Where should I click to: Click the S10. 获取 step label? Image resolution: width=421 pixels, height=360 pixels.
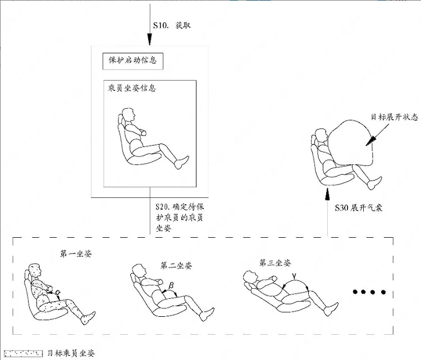(x=172, y=25)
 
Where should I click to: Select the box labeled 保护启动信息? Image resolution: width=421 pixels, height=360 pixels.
(x=133, y=61)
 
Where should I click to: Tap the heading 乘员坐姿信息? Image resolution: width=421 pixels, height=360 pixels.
(x=132, y=88)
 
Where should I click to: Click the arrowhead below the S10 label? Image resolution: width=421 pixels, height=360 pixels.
(x=150, y=39)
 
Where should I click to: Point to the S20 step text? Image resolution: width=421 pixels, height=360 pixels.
(x=180, y=218)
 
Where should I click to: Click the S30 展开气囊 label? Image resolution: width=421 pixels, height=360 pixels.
(x=359, y=207)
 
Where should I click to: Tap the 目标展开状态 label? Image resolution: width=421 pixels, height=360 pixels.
(x=395, y=117)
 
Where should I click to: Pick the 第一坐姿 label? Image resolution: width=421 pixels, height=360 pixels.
(x=76, y=253)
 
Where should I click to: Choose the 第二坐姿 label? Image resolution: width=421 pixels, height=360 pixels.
(x=176, y=266)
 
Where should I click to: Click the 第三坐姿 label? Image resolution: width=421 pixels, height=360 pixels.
(x=275, y=262)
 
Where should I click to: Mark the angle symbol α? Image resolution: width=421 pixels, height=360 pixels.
(x=57, y=292)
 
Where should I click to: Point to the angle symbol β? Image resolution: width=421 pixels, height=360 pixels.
(x=171, y=286)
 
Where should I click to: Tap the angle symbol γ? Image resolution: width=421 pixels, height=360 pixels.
(x=295, y=276)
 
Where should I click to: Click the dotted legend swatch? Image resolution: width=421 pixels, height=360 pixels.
(x=24, y=353)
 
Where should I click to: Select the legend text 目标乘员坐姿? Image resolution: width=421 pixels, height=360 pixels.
(x=71, y=353)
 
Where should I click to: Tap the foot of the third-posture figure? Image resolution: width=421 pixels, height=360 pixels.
(x=331, y=310)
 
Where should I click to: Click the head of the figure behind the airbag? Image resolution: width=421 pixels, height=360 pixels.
(x=321, y=136)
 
